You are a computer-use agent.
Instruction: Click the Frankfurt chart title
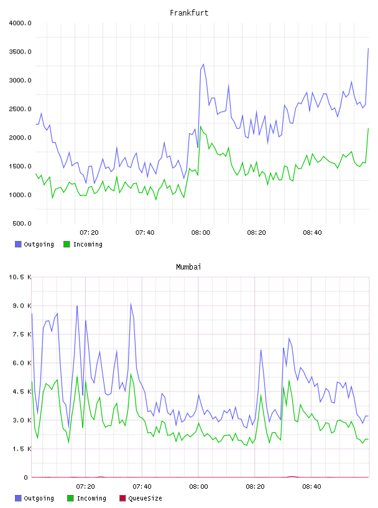(189, 13)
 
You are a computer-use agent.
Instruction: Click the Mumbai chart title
(188, 267)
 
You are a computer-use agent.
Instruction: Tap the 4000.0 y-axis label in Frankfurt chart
(21, 23)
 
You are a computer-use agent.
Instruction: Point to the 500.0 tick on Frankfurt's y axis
(22, 223)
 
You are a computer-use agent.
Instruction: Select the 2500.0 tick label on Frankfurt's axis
(21, 109)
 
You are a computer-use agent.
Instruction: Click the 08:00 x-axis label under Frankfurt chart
(201, 233)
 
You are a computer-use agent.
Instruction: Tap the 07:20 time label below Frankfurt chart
(89, 233)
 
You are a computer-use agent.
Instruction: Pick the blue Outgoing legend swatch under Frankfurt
(18, 244)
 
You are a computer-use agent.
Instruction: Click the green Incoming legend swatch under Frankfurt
(67, 244)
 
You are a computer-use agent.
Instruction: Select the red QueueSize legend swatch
(122, 498)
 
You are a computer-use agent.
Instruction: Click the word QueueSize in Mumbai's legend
(145, 498)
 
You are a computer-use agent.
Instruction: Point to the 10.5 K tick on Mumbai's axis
(21, 277)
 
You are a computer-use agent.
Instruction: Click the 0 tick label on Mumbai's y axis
(26, 477)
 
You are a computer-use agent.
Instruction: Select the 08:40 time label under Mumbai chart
(311, 487)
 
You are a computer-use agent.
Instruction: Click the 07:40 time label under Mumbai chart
(142, 487)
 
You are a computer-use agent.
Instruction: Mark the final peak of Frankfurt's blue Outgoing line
(368, 49)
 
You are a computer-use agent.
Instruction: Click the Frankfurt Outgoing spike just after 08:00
(203, 64)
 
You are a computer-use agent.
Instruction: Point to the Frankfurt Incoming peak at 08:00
(201, 126)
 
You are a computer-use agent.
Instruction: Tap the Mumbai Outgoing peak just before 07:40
(131, 303)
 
